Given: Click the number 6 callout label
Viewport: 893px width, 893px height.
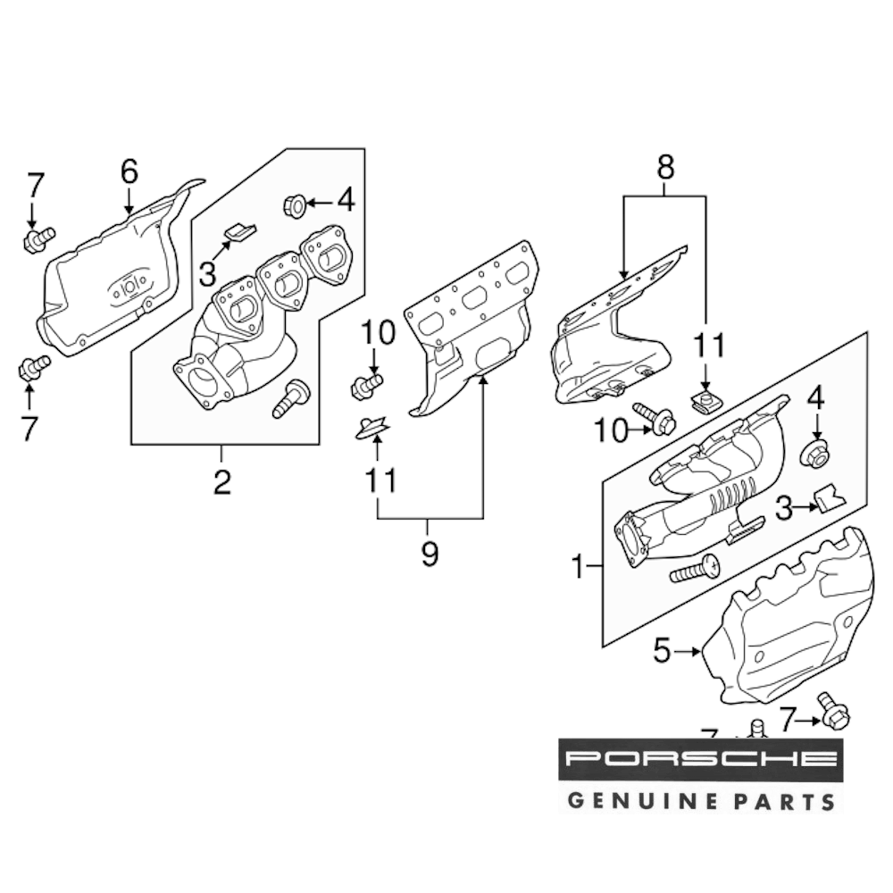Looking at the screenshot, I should [129, 169].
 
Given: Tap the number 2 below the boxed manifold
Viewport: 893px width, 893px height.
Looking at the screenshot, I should [221, 481].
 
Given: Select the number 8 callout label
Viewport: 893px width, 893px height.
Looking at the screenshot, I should [665, 167].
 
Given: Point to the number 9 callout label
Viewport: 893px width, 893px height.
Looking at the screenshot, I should [430, 554].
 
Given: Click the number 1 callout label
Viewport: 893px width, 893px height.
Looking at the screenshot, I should [578, 565].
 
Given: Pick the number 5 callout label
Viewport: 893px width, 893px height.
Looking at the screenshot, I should [661, 652].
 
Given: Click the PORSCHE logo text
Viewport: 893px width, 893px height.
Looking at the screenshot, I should [699, 761].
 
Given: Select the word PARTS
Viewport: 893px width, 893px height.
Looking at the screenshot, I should [787, 800].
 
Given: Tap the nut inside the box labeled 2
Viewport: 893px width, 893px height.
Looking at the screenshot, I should [293, 205].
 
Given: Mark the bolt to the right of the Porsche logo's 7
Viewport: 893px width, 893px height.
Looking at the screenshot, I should [833, 714].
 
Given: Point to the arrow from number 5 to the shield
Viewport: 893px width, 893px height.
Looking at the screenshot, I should [689, 653].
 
